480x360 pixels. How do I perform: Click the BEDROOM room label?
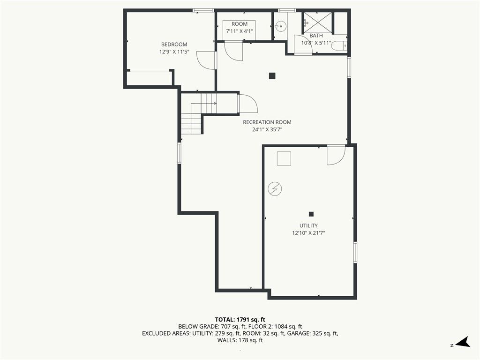tap(174, 45)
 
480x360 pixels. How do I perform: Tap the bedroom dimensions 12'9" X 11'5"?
tap(174, 52)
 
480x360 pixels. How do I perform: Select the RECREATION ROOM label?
tap(267, 122)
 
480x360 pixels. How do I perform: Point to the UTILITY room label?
tap(308, 225)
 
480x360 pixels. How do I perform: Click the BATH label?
tap(316, 36)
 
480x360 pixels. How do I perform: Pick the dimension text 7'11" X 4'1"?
tap(240, 31)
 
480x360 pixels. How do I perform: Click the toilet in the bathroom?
tap(340, 46)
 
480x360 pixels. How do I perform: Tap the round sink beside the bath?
tap(279, 26)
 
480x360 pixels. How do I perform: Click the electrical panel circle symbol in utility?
tap(275, 189)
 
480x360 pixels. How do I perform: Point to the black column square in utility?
tap(311, 214)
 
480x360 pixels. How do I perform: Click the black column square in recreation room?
tap(272, 75)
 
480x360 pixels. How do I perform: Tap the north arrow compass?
tap(463, 342)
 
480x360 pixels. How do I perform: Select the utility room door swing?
tap(336, 155)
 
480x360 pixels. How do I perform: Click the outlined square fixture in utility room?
tap(284, 158)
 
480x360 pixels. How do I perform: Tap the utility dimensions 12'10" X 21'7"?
tap(308, 233)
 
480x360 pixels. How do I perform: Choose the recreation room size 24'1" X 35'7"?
tap(267, 129)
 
